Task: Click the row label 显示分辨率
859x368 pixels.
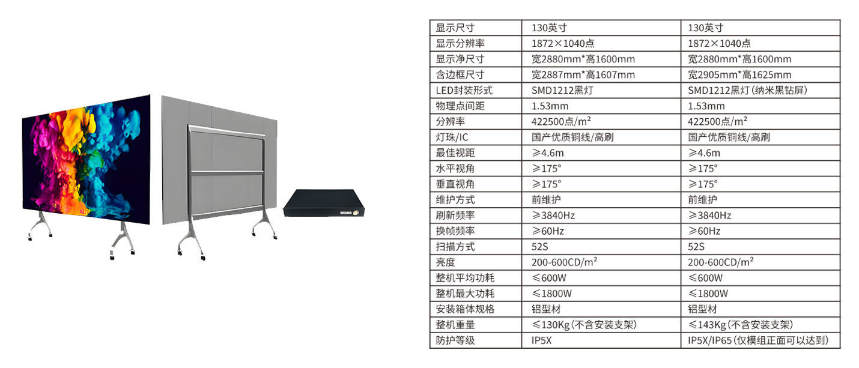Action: (x=460, y=43)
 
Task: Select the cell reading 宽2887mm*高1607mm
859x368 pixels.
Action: (x=583, y=74)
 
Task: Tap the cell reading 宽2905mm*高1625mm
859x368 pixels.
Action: (x=739, y=74)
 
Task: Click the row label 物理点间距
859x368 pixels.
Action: (x=460, y=106)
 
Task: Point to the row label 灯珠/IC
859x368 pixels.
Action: (x=451, y=137)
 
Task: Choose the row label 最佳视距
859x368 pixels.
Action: (x=455, y=152)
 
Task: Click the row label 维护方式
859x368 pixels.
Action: (x=455, y=199)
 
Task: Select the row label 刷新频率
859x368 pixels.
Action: (x=455, y=215)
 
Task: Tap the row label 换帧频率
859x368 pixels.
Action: (x=455, y=231)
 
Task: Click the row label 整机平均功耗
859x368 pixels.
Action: (x=465, y=278)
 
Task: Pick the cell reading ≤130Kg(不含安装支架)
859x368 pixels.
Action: (x=584, y=325)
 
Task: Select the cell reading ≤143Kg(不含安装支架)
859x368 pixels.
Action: (x=740, y=325)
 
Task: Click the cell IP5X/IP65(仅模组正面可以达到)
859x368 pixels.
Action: (x=759, y=340)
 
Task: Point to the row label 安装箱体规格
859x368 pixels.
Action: (x=465, y=309)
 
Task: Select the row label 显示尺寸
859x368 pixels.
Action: (x=455, y=28)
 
